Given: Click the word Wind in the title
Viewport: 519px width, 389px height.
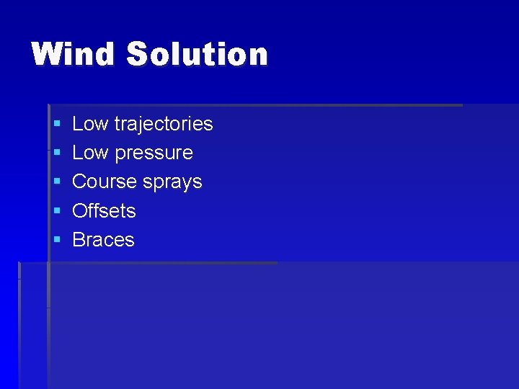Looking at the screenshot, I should (x=72, y=55).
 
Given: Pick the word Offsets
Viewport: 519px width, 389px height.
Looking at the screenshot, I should (x=105, y=210).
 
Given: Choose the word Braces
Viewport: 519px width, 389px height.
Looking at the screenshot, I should (x=104, y=239).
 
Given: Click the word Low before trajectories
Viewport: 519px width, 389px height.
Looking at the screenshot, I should (x=90, y=124).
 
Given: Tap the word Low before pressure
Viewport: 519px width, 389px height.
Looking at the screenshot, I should (x=90, y=153).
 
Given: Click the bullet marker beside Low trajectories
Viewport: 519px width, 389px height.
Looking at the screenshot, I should (x=56, y=125).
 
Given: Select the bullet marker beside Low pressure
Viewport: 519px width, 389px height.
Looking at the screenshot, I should (x=56, y=153).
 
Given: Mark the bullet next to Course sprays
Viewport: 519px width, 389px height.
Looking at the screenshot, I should (x=56, y=182).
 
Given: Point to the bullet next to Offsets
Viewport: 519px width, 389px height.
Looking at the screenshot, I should (x=56, y=211).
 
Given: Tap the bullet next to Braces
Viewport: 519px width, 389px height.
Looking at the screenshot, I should (x=56, y=240).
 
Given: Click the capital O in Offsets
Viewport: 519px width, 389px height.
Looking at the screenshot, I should (x=80, y=210).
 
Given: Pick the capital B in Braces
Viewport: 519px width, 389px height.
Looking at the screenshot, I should (x=79, y=239).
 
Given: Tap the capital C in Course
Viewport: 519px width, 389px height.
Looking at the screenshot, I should (x=80, y=182).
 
